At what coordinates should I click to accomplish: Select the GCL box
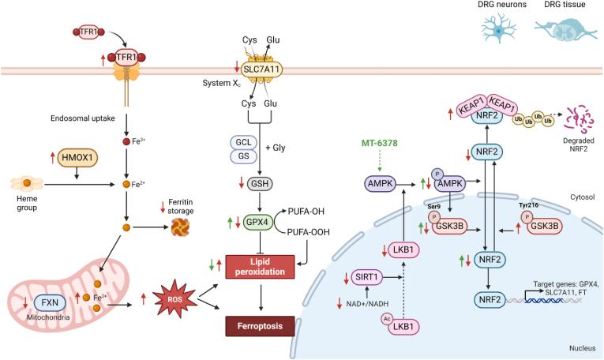tap(242, 142)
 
